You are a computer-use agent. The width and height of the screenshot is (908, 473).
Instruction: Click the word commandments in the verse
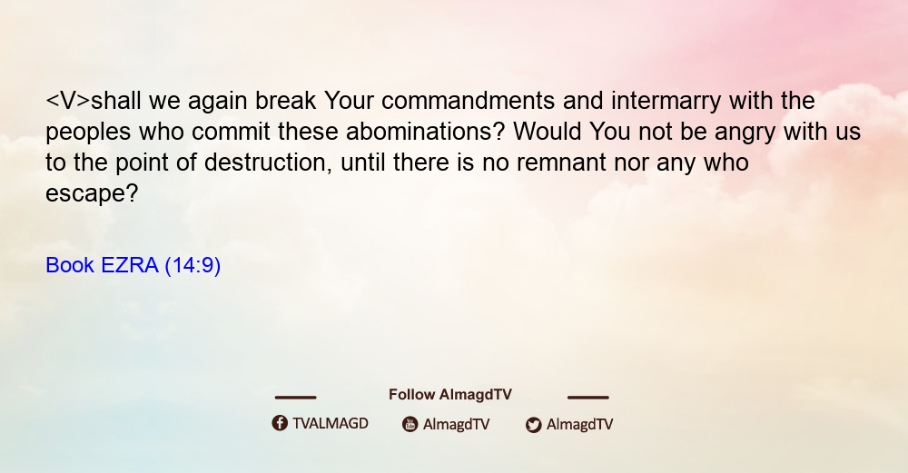pyautogui.click(x=468, y=101)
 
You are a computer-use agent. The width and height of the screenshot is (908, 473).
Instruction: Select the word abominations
pyautogui.click(x=426, y=132)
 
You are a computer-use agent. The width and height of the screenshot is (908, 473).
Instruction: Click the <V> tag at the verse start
pyautogui.click(x=68, y=101)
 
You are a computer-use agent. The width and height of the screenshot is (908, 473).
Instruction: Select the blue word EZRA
pyautogui.click(x=129, y=265)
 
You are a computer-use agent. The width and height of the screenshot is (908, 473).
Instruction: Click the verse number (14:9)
pyautogui.click(x=192, y=266)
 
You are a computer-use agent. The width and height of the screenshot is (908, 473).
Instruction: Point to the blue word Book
pyautogui.click(x=70, y=265)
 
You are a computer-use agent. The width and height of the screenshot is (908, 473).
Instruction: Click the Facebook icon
pyautogui.click(x=280, y=423)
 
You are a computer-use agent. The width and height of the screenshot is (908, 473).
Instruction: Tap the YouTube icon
pyautogui.click(x=410, y=424)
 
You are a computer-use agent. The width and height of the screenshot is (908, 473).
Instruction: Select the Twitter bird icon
pyautogui.click(x=533, y=425)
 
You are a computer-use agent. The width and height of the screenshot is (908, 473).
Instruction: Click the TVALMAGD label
pyautogui.click(x=331, y=424)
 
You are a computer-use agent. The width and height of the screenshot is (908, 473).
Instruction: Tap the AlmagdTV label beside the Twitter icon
pyautogui.click(x=579, y=425)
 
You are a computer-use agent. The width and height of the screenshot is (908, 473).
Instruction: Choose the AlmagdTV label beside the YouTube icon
pyautogui.click(x=457, y=425)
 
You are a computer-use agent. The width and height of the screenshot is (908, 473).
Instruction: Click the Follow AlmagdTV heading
pyautogui.click(x=450, y=395)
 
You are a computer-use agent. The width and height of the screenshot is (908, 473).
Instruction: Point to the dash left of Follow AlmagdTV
pyautogui.click(x=295, y=398)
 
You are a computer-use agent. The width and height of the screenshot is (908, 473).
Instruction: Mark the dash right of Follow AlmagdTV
pyautogui.click(x=588, y=398)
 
